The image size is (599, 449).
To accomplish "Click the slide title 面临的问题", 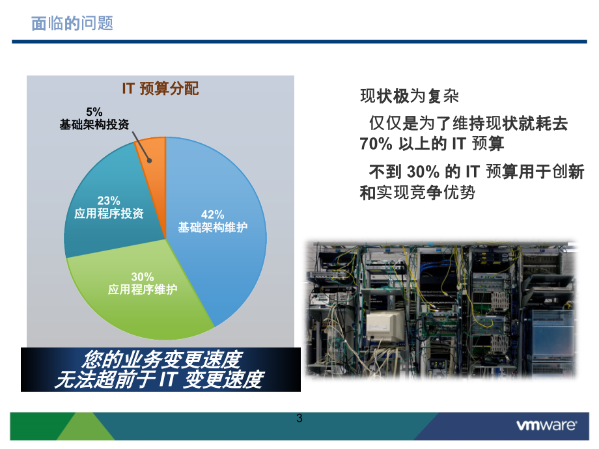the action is point(72,23).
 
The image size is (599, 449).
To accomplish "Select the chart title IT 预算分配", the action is point(160,88).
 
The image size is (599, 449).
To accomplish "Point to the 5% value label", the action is point(94,112).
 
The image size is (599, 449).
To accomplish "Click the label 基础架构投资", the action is point(94,124).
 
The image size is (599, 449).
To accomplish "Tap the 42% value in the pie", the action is point(212,215).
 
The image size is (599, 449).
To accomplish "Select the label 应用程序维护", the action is point(143,290).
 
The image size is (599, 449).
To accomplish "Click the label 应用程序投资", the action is point(109,213).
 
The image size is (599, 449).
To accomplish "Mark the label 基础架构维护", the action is point(213,228).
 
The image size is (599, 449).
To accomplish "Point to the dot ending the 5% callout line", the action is point(150,161).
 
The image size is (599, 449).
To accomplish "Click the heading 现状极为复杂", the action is point(409,96).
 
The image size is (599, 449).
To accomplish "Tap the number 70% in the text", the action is point(376,144).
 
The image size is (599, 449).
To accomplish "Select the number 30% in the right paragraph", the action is point(423,172).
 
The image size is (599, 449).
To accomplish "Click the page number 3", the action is point(299,418).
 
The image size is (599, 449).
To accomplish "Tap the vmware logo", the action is point(547,425).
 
